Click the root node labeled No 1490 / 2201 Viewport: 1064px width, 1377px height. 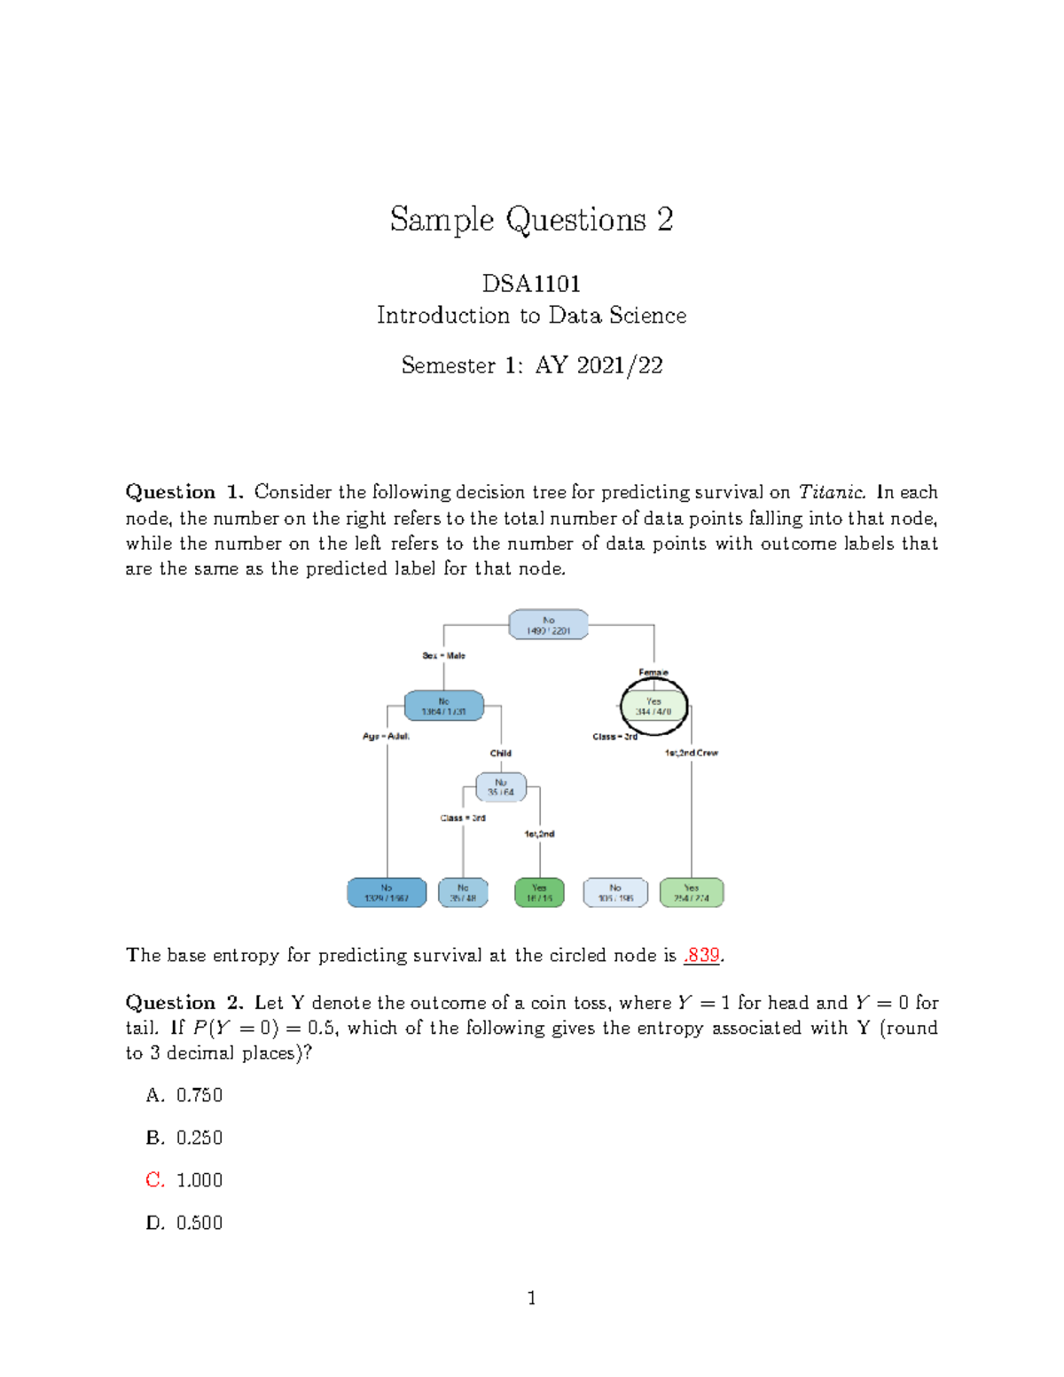point(548,625)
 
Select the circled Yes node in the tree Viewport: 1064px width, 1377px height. point(653,707)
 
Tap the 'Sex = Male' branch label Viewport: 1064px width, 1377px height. point(443,656)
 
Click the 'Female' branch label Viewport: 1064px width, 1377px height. point(653,672)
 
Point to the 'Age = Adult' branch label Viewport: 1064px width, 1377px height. point(386,736)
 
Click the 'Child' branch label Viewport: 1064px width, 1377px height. point(501,753)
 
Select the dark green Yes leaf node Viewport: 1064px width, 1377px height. point(539,893)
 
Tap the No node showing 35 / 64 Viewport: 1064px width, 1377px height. point(501,787)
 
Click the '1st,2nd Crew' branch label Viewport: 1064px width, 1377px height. point(692,753)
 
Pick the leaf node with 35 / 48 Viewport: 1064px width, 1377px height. point(463,893)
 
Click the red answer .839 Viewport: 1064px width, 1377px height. point(702,955)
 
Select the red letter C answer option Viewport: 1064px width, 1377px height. point(154,1180)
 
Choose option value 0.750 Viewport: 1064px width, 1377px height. point(199,1095)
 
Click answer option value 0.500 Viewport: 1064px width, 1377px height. point(199,1223)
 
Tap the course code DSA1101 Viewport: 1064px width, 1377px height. point(531,284)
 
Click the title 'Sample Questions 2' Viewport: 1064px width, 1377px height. point(531,219)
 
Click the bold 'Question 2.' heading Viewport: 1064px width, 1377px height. point(184,1003)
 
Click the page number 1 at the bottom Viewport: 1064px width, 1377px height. point(531,1298)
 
